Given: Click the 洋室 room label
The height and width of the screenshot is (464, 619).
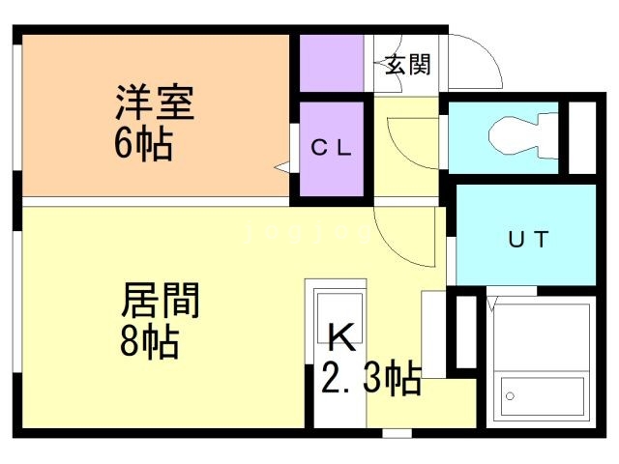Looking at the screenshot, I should coord(155,101).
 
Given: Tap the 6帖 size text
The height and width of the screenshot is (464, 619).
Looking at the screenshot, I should coord(142,145).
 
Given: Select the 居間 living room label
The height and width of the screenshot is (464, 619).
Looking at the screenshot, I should coord(160,301).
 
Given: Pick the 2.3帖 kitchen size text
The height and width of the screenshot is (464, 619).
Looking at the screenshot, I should coord(370,379).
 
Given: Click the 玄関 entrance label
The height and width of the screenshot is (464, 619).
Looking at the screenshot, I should coord(407,65).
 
